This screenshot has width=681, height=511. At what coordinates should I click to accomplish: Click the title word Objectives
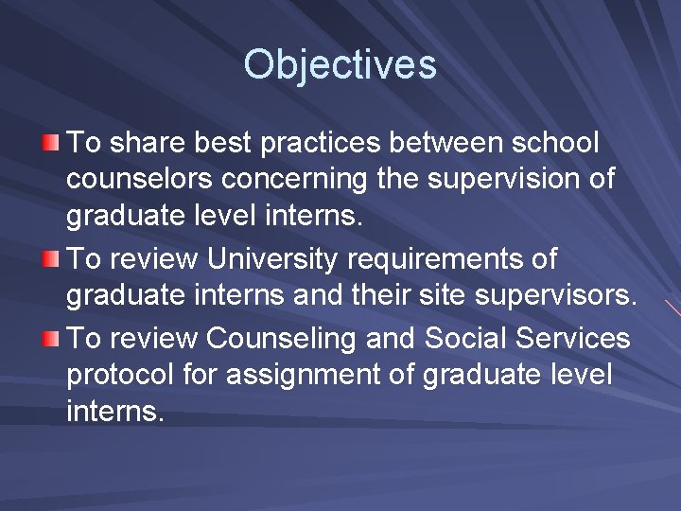pos(340,64)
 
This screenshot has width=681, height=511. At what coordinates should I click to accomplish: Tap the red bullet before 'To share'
pos(51,143)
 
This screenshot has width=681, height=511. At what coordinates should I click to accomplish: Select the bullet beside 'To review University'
pos(51,258)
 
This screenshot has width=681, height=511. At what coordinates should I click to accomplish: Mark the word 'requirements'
pos(450,258)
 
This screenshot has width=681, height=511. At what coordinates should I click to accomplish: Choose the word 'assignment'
pos(312,374)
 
